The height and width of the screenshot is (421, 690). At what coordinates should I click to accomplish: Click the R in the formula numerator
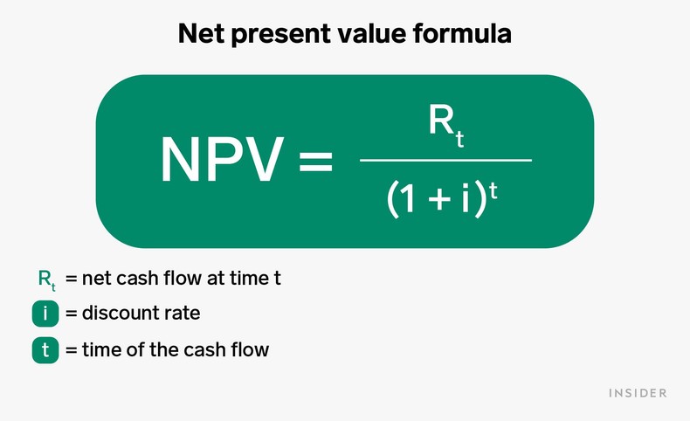(x=439, y=121)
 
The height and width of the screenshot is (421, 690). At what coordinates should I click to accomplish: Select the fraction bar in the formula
(x=445, y=160)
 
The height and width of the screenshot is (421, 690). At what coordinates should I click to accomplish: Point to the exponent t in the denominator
(x=494, y=190)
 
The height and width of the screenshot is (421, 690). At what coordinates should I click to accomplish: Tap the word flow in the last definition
(x=249, y=350)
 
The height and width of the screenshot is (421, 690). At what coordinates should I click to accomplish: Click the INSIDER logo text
(x=638, y=393)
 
